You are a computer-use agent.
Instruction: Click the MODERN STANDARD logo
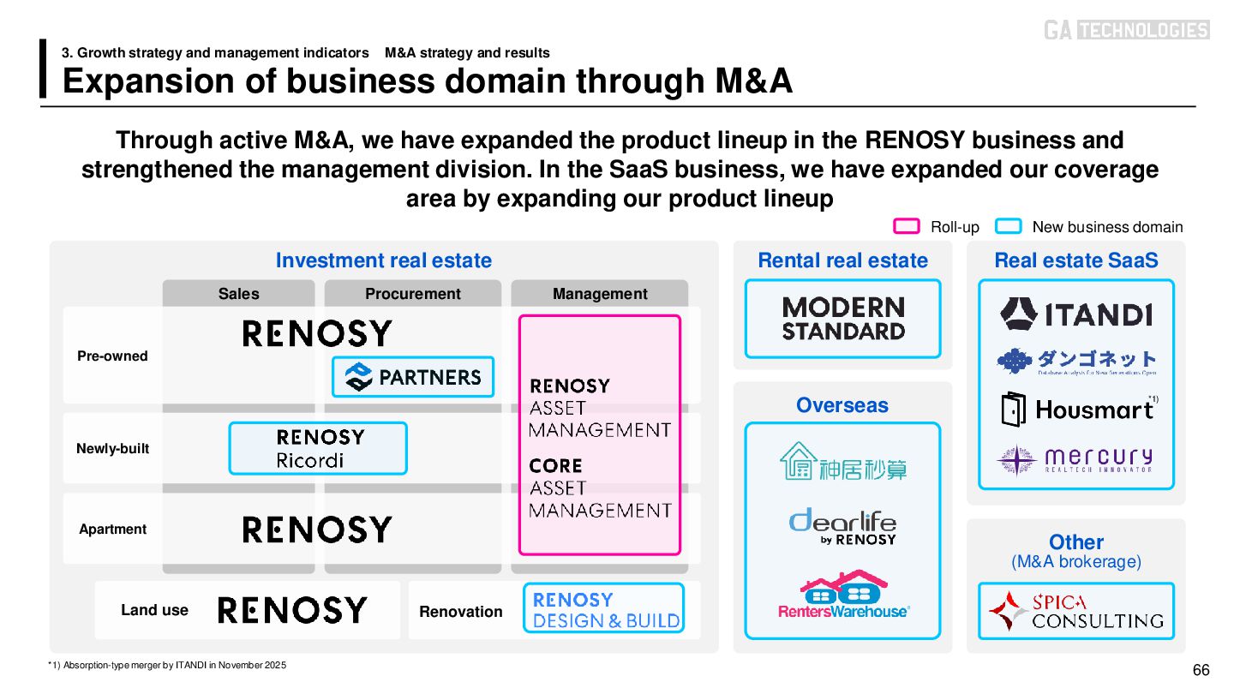842,319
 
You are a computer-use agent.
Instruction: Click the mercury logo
1076,459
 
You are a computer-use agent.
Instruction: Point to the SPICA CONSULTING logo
1076,611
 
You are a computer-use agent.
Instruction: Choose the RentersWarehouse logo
843,595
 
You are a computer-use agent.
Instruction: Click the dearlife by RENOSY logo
842,526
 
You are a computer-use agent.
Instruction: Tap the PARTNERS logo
413,377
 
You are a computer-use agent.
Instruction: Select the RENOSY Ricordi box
318,448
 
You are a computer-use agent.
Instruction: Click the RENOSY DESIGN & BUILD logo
604,608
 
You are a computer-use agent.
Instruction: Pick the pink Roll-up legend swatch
907,226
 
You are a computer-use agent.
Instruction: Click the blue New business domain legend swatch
1009,226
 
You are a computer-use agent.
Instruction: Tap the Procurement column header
412,294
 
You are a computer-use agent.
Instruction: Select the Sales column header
238,294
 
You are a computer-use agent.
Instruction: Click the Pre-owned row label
112,356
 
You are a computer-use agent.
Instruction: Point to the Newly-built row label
112,448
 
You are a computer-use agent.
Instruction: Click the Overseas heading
842,405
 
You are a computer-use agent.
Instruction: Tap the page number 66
1201,670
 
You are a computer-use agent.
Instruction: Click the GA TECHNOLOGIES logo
1126,30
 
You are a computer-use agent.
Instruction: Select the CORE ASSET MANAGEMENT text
600,488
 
